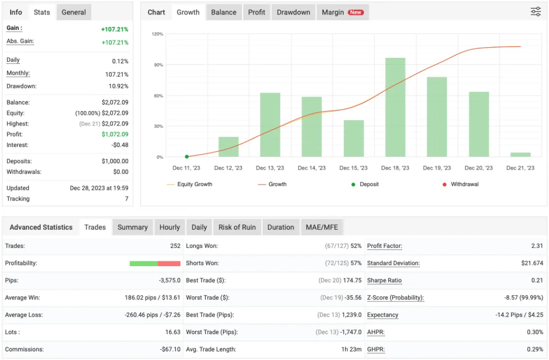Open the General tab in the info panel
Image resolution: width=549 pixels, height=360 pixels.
[73, 12]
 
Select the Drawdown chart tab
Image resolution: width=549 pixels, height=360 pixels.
[293, 12]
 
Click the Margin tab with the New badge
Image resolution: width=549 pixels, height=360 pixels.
[342, 12]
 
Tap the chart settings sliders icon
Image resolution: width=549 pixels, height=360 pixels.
[536, 12]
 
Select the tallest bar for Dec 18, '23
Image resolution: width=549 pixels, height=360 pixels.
[395, 107]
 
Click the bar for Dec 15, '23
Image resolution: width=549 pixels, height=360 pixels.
[353, 138]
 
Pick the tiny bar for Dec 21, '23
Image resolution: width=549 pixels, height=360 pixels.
[521, 155]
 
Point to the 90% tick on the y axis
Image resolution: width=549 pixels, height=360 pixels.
[158, 65]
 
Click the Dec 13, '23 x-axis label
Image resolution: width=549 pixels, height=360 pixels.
[270, 168]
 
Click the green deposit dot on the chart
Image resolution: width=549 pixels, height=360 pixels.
[187, 157]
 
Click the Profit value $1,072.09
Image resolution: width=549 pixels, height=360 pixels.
[115, 134]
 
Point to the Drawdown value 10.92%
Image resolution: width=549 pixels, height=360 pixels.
[118, 86]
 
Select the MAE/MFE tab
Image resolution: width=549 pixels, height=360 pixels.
[322, 227]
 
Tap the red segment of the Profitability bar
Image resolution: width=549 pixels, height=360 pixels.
[169, 263]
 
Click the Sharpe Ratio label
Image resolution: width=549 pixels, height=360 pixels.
[384, 281]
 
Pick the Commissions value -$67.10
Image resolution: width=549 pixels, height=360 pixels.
[169, 349]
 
